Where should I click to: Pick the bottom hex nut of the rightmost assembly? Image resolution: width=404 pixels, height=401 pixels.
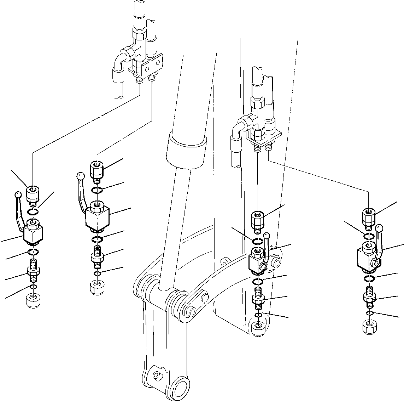(x=369, y=326)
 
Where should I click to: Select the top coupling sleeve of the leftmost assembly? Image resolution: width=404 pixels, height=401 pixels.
(x=32, y=194)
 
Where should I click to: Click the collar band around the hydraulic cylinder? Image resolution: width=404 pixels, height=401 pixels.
(x=186, y=150)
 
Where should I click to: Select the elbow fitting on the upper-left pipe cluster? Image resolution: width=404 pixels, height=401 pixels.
(x=124, y=56)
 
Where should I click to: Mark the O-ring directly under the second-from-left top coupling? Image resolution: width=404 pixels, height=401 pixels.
(x=97, y=190)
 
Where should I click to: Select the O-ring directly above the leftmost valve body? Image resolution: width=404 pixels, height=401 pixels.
(x=33, y=213)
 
